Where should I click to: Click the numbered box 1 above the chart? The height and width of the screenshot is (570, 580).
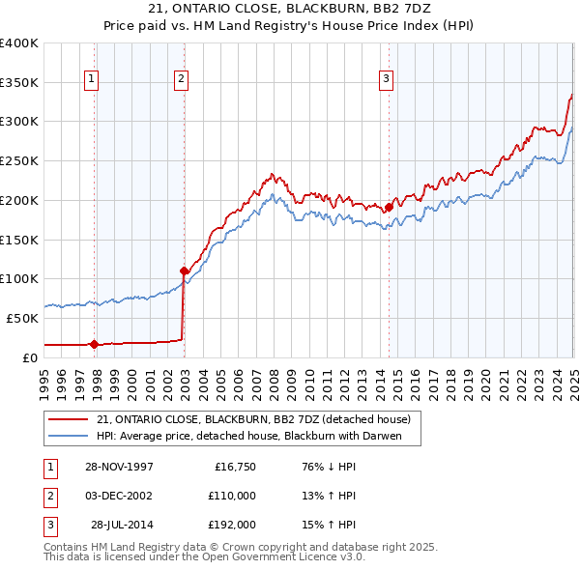coord(91,79)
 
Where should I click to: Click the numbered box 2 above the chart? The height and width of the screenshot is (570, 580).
coord(181,79)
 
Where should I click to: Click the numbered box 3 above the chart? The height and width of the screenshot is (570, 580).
coord(386,79)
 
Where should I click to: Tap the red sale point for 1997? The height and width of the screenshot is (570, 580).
coord(95,343)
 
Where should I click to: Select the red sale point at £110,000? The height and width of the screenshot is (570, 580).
coord(184,271)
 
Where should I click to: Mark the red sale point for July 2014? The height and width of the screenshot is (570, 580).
coord(389,206)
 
